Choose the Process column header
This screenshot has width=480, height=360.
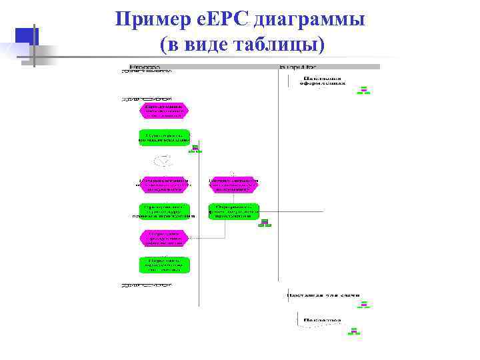click(144, 67)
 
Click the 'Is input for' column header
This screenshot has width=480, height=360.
click(297, 67)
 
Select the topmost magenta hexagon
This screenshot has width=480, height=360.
click(164, 109)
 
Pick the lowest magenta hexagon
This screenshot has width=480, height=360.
click(164, 237)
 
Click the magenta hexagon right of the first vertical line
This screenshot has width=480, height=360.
click(233, 185)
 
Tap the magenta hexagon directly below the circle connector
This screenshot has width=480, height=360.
click(164, 185)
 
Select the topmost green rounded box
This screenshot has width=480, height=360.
click(164, 137)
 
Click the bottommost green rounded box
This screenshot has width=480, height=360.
click(164, 265)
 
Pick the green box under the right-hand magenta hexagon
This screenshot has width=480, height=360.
click(233, 211)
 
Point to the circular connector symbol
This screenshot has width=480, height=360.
click(164, 160)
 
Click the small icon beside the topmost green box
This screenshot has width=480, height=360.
click(195, 149)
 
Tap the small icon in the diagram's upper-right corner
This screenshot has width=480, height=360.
click(363, 91)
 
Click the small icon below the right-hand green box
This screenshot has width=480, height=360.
click(265, 223)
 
